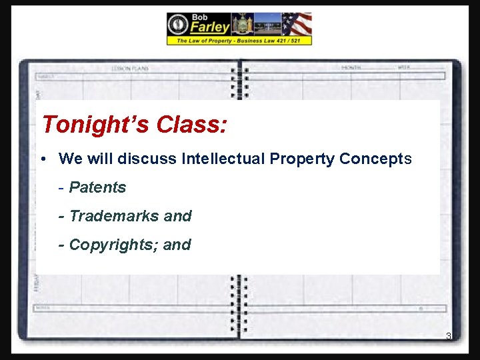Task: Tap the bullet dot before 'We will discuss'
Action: [42, 159]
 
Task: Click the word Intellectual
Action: [225, 159]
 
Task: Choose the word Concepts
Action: [375, 159]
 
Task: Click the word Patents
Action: [97, 187]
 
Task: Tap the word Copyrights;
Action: [114, 245]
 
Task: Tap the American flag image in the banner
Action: [297, 24]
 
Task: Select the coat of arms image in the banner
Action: [242, 24]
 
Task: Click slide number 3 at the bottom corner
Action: [449, 336]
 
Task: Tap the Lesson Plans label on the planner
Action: [130, 68]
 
